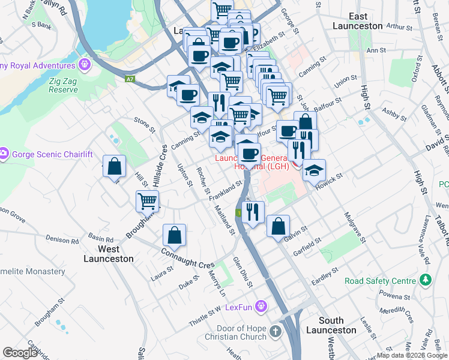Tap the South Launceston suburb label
click(331, 325)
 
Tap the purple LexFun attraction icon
click(261, 307)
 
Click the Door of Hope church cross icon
click(276, 331)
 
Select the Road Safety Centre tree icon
click(426, 280)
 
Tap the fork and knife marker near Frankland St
click(253, 211)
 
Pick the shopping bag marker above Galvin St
click(278, 226)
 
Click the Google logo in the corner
click(20, 353)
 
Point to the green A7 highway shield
click(130, 79)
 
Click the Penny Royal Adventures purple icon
click(83, 64)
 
